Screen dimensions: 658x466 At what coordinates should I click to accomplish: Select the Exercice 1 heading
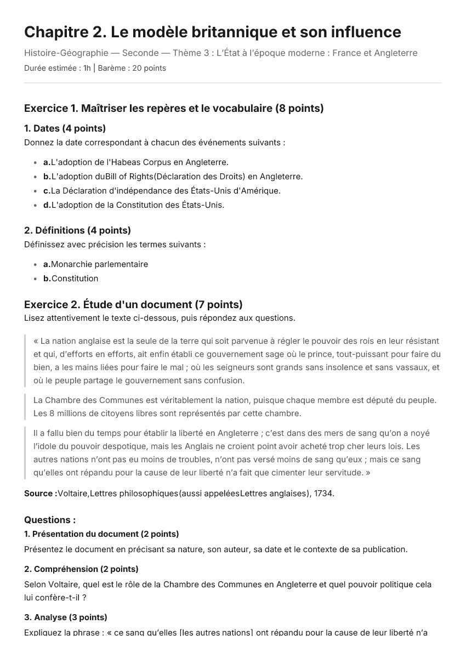pos(174,109)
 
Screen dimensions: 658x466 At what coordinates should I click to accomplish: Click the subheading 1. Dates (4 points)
pos(65,128)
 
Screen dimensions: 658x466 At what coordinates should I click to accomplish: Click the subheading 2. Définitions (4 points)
pos(77,230)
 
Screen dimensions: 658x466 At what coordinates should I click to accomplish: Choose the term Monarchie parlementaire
pos(99,264)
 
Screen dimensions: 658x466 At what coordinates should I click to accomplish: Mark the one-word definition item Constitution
pos(75,279)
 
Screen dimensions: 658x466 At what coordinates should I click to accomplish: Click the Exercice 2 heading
pos(133,304)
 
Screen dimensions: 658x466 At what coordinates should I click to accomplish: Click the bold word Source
pos(39,493)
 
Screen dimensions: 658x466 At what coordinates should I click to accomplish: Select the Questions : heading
pos(50,520)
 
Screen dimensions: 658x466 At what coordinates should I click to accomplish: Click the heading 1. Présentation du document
pos(101,534)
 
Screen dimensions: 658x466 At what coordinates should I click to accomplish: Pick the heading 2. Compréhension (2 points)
pos(81,569)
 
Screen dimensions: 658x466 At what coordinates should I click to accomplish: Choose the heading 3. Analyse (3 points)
pos(66,617)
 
